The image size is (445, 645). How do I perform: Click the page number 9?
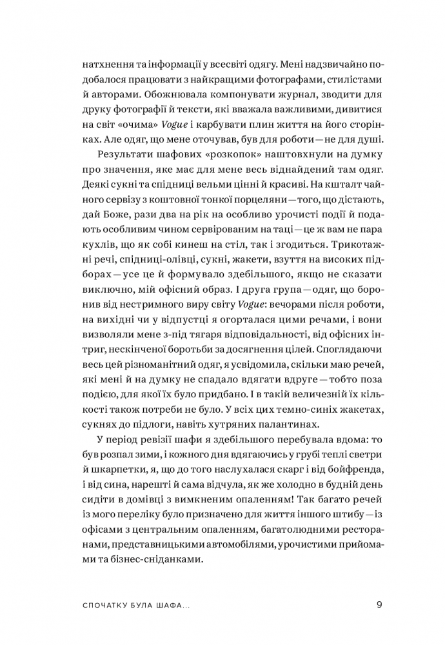click(380, 605)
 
